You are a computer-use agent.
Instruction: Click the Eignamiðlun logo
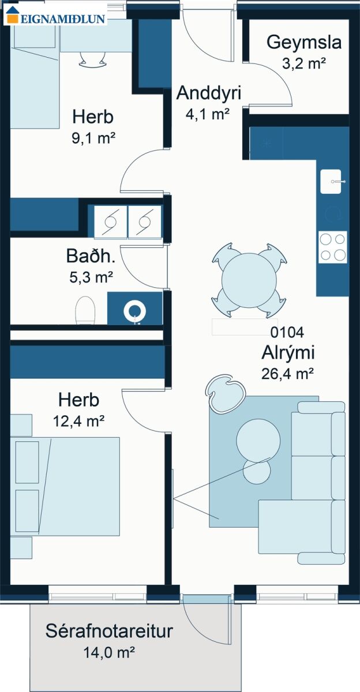tap(55, 16)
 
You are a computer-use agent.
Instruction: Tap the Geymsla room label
tap(304, 42)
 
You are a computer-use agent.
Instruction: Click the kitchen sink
tap(331, 181)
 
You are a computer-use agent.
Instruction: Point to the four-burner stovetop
tap(333, 247)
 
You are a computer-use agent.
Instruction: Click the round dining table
tap(249, 281)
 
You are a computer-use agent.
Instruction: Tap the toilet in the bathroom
tap(85, 310)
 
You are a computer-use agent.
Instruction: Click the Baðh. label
tap(91, 256)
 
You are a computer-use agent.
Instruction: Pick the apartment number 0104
tap(287, 332)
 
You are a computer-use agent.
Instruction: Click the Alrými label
tap(288, 353)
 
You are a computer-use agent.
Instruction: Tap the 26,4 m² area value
tap(288, 374)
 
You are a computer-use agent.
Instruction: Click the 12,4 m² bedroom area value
tap(79, 421)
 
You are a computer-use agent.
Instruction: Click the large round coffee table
tap(258, 441)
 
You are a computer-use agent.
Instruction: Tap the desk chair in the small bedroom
tap(93, 59)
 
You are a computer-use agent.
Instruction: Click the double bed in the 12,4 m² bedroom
tap(65, 486)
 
